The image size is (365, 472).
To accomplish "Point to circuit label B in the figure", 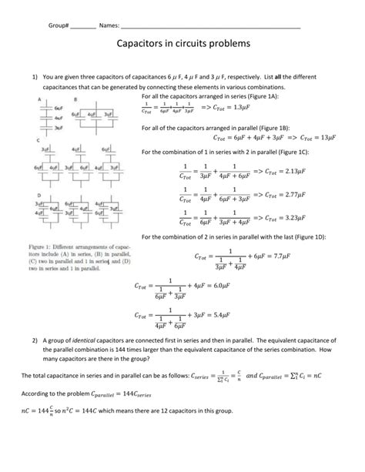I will [75, 100].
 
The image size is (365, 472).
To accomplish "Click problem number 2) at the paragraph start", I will [35, 340].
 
